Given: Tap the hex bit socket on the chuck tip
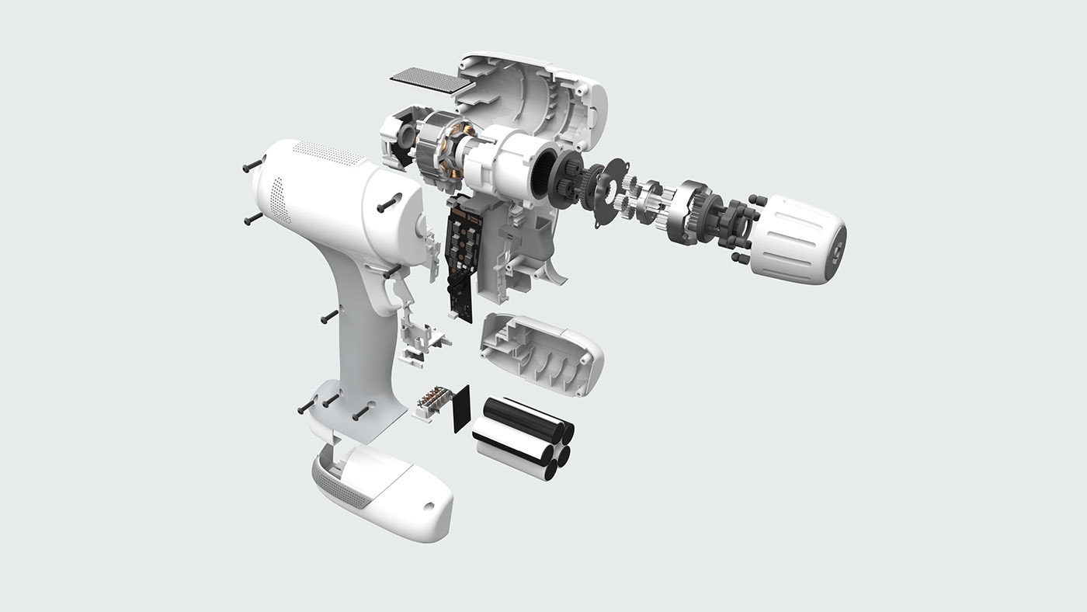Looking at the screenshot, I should point(837,252).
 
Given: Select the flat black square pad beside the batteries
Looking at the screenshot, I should point(463,409).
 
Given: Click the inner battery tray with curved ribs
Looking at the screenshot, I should point(542,353).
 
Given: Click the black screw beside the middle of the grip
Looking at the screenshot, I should point(328,316).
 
